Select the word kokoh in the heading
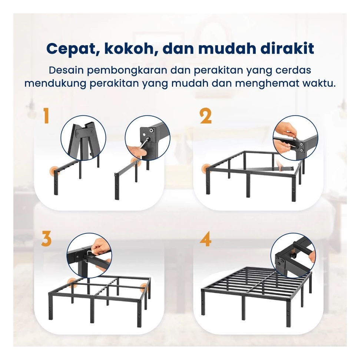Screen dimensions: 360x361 [130, 49]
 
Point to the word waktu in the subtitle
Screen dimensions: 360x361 [319, 83]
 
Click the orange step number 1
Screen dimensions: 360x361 [46, 116]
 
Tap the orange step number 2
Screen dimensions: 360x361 [205, 116]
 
